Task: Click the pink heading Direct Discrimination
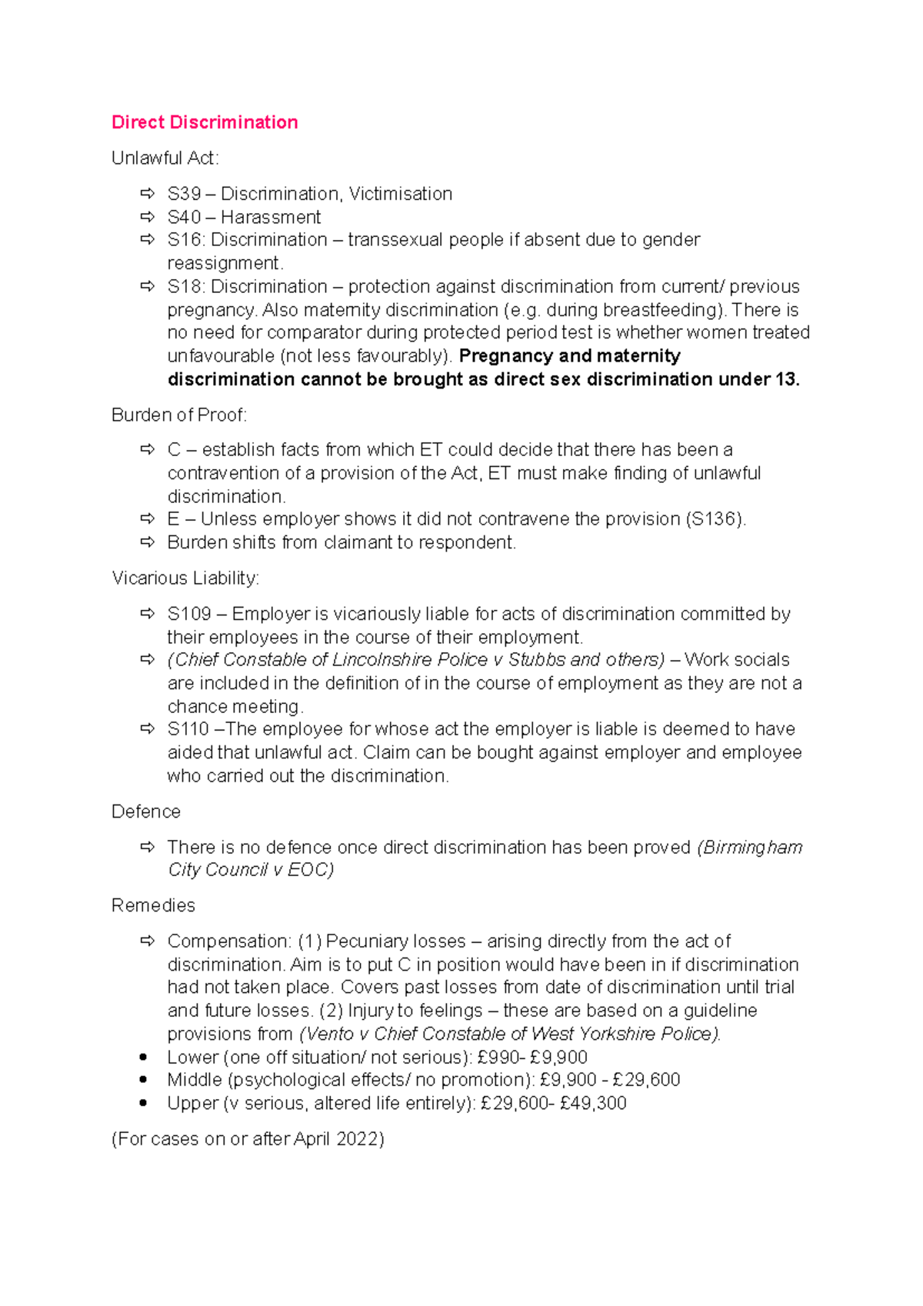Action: (x=205, y=122)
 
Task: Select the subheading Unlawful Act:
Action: (x=165, y=158)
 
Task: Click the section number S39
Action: (x=184, y=194)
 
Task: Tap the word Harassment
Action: (x=271, y=218)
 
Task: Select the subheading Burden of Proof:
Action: (x=179, y=415)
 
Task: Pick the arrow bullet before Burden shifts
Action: (x=147, y=542)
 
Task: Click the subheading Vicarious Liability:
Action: (x=185, y=578)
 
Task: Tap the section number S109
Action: (x=189, y=614)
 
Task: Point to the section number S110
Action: (x=188, y=729)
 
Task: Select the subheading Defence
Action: (x=146, y=812)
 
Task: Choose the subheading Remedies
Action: (x=153, y=906)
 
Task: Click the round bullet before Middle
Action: (x=143, y=1080)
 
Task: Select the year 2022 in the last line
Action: (x=359, y=1139)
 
